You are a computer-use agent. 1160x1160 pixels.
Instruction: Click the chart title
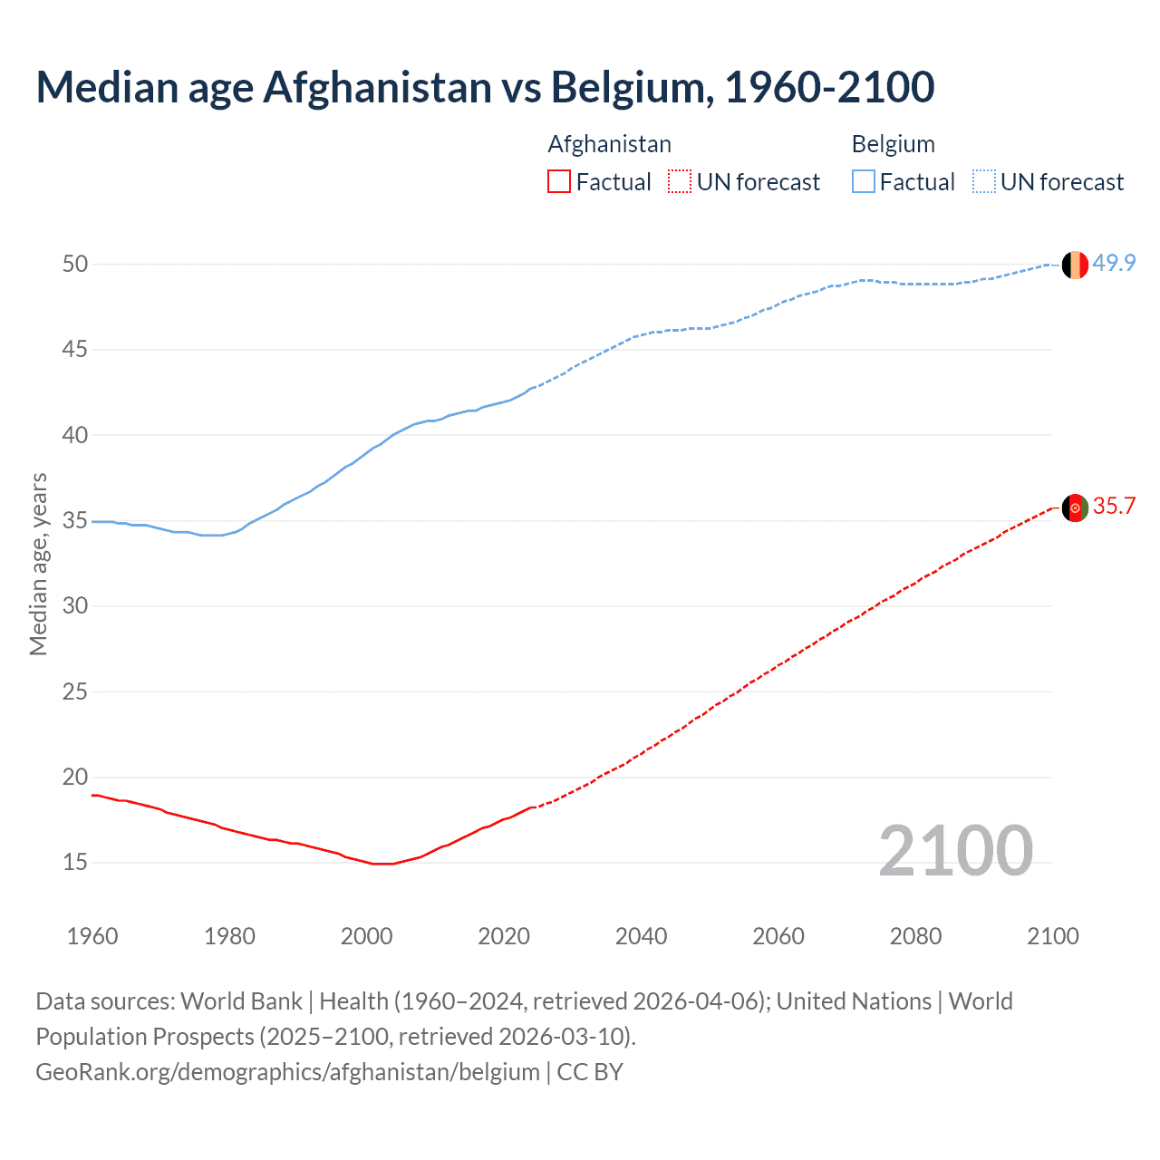point(485,88)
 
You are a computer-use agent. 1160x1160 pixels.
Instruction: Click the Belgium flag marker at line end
point(1075,264)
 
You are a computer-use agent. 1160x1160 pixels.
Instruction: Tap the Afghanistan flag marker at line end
point(1075,508)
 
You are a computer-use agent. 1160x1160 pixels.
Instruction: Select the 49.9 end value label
point(1114,263)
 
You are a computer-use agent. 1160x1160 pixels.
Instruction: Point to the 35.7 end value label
point(1114,506)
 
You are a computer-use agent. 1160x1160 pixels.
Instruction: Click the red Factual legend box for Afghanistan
point(559,182)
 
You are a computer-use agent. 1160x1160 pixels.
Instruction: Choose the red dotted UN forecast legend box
point(680,182)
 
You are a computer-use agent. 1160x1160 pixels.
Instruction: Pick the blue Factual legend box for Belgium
point(863,182)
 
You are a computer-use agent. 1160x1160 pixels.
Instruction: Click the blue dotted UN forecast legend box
point(983,182)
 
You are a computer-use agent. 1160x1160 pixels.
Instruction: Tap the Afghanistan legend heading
point(609,144)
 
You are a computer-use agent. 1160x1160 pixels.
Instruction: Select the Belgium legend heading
point(893,144)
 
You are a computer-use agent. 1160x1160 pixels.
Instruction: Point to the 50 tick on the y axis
point(75,264)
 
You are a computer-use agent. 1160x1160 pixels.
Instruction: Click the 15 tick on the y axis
point(75,862)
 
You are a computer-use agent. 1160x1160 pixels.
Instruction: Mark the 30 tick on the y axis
point(75,605)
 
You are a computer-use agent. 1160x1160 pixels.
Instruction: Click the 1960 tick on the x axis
point(92,936)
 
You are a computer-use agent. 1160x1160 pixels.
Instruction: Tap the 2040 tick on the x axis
point(641,936)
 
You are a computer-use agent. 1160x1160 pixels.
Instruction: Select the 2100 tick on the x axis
point(1052,936)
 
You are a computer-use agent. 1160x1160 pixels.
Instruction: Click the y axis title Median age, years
point(38,564)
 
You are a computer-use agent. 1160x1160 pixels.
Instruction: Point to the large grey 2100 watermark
point(955,851)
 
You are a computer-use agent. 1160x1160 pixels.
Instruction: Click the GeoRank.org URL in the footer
point(287,1072)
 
